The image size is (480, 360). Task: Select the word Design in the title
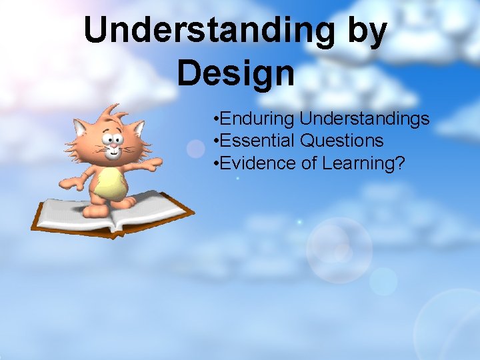(x=235, y=73)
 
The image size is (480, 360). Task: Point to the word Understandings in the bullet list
(x=365, y=119)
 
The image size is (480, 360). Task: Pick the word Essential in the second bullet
(x=257, y=141)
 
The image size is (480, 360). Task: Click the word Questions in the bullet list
(x=342, y=141)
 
